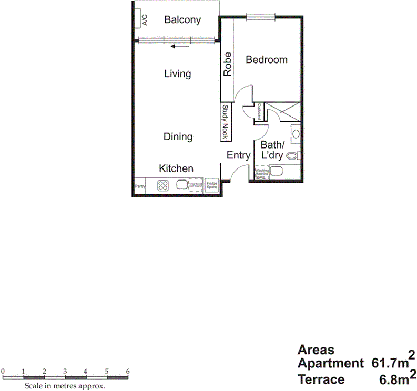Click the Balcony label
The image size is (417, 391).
182,20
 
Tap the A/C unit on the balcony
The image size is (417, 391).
144,19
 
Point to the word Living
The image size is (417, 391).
177,74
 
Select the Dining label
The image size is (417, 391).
178,137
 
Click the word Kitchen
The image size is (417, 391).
176,169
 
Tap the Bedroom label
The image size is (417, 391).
267,60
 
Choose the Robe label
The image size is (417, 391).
228,65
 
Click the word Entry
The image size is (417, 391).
238,155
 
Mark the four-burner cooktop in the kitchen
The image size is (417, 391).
163,185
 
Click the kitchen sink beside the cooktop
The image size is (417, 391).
182,185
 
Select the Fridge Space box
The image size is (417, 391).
211,185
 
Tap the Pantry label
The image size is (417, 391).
140,186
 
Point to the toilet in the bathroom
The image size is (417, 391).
297,155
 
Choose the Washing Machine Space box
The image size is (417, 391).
261,174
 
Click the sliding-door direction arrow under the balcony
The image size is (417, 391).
179,46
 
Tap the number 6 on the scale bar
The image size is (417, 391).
128,372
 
